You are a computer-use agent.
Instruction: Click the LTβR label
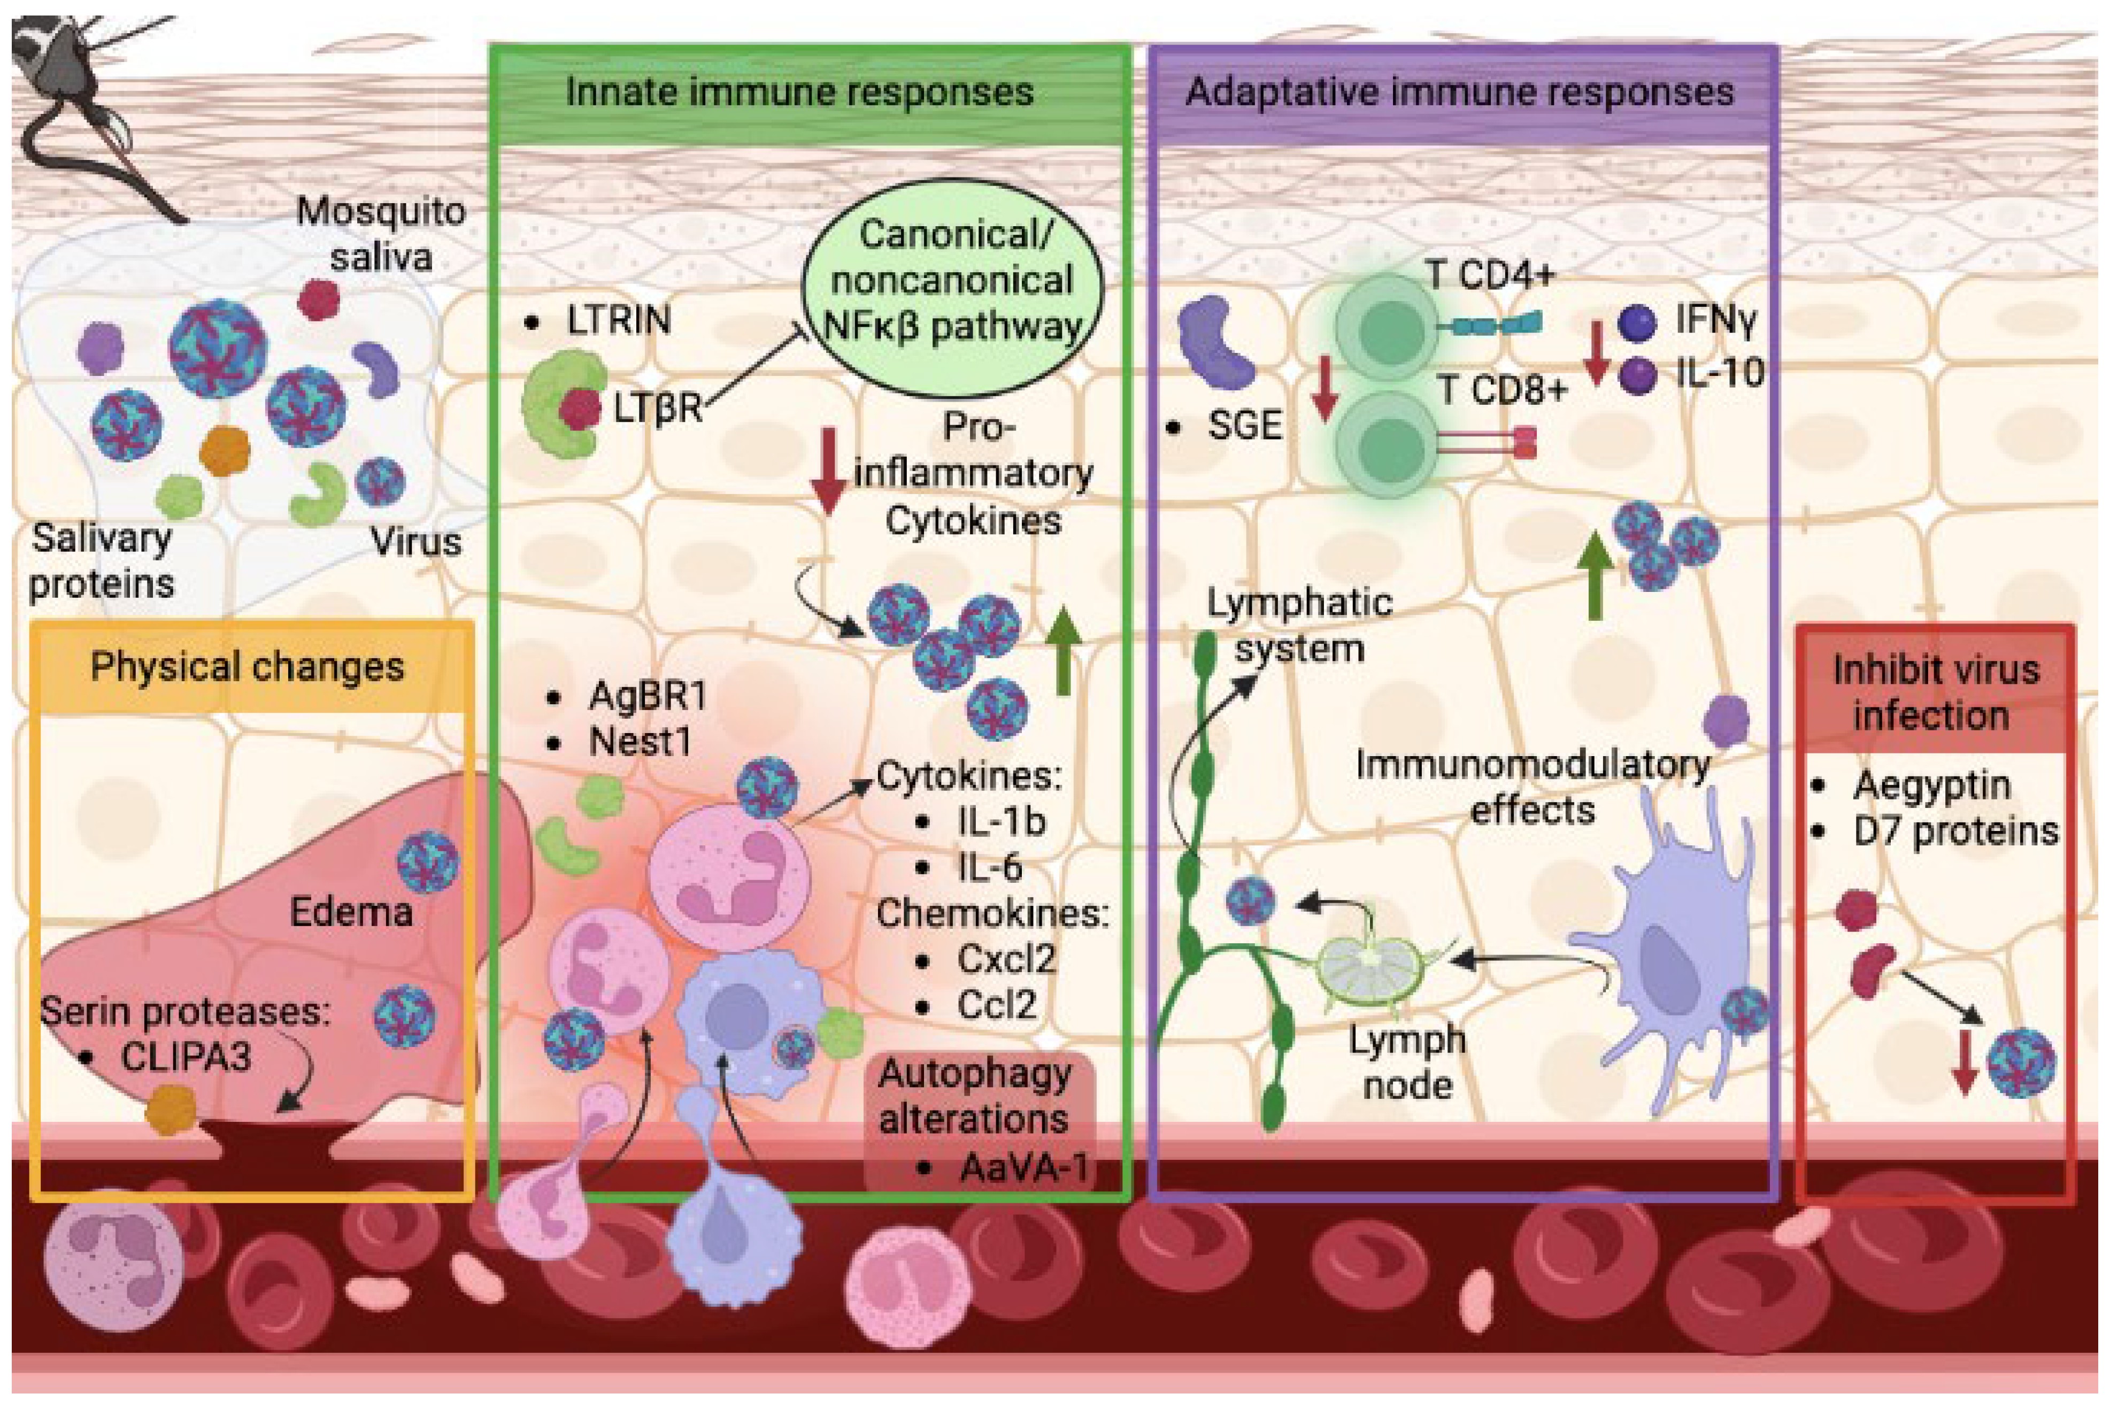[657, 409]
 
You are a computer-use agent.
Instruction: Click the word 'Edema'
[350, 913]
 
